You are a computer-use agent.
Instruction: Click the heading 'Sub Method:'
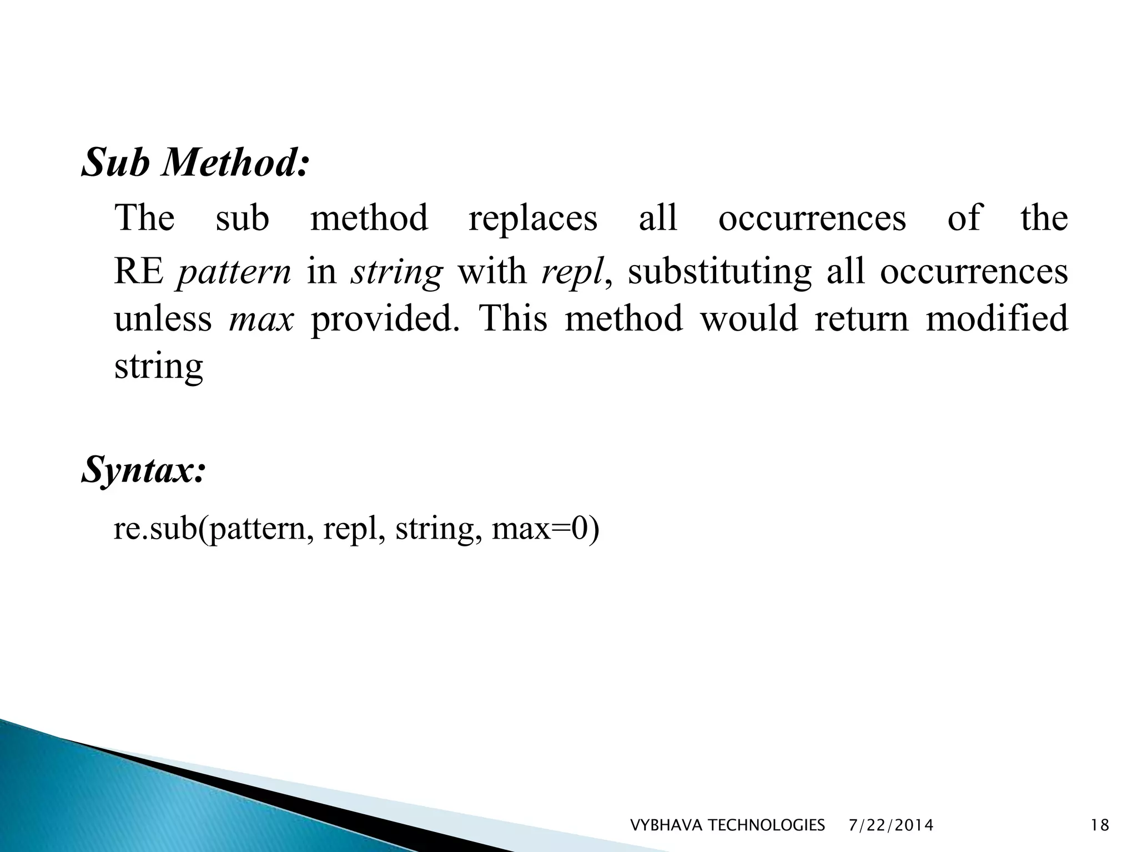pos(195,163)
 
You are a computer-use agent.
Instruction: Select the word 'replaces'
pos(533,218)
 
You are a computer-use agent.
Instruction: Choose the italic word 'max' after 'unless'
pos(261,319)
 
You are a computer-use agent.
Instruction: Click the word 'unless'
pos(163,319)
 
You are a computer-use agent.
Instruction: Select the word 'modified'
pos(997,319)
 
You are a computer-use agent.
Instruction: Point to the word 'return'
pos(861,319)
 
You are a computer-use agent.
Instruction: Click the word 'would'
pos(748,319)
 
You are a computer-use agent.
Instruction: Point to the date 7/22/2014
pos(891,826)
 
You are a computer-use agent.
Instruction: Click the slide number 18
pos(1100,826)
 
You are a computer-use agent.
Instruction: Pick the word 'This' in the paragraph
pos(512,319)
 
